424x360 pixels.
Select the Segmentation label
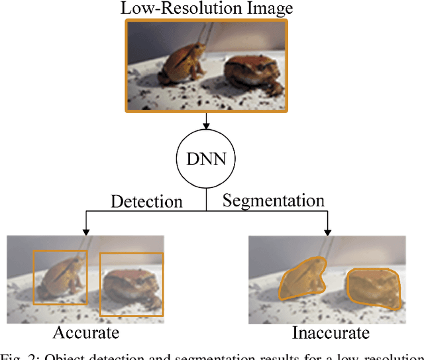(273, 200)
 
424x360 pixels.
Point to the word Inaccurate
(325, 332)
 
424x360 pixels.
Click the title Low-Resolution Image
(206, 9)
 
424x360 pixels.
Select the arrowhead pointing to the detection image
(87, 231)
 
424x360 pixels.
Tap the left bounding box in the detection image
(60, 277)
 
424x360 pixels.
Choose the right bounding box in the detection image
(131, 284)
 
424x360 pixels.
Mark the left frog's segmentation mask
(301, 278)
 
